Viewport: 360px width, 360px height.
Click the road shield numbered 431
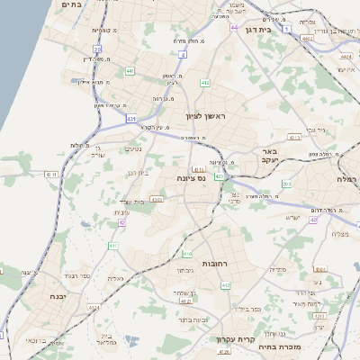pyautogui.click(x=132, y=119)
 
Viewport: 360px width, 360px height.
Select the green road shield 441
pyautogui.click(x=130, y=70)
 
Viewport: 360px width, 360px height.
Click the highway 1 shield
pyautogui.click(x=286, y=30)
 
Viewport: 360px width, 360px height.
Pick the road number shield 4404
pyautogui.click(x=345, y=56)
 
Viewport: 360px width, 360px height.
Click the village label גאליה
pyautogui.click(x=115, y=278)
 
